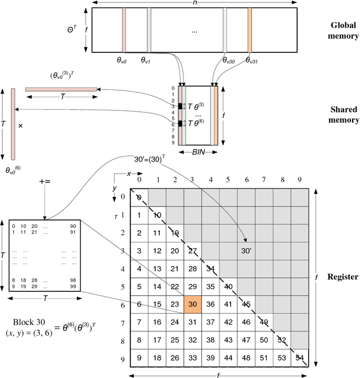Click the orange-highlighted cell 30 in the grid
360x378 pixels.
(193, 304)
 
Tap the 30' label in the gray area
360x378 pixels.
(245, 250)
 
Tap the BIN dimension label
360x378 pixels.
(198, 152)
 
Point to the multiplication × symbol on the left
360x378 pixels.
(20, 126)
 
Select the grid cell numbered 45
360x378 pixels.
(246, 304)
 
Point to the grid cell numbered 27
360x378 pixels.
(193, 250)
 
